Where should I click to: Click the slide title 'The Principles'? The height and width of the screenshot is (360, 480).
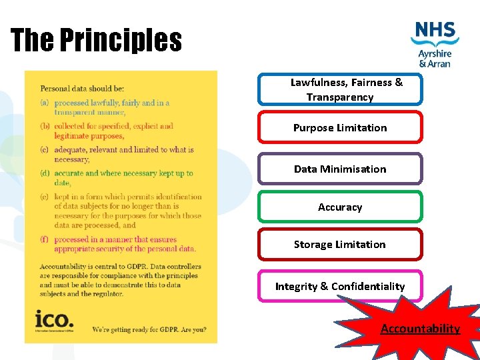[x=96, y=40]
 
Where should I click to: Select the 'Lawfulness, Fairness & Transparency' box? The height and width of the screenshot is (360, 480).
[x=340, y=90]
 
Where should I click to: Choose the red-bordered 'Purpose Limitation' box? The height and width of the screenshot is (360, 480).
[x=340, y=127]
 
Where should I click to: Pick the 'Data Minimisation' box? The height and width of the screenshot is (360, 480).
[x=340, y=169]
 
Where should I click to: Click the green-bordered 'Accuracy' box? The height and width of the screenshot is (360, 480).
[x=340, y=207]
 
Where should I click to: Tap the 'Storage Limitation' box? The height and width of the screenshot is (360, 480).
[x=340, y=244]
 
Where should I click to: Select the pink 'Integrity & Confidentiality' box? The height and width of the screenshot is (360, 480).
[x=340, y=286]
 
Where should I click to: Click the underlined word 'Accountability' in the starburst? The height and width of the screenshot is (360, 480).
[x=420, y=328]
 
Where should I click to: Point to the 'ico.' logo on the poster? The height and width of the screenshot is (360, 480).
[x=56, y=321]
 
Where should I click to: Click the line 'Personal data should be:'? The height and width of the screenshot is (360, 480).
[x=82, y=88]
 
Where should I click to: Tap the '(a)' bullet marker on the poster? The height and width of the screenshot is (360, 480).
[x=45, y=103]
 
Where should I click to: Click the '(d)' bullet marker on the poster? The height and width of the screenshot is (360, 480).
[x=45, y=173]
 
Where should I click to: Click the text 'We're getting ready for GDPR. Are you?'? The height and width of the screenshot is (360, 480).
[x=149, y=329]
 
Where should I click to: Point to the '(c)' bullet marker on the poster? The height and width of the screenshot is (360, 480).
[x=45, y=150]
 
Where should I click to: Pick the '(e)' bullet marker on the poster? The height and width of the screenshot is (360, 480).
[x=45, y=197]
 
